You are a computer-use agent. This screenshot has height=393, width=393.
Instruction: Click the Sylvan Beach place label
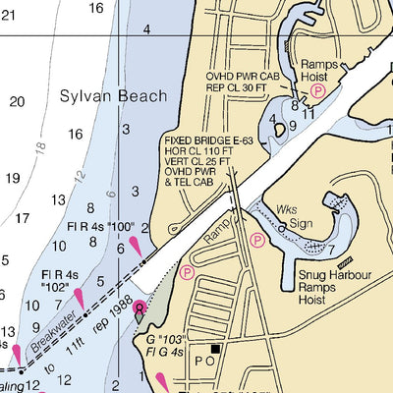pos(113,96)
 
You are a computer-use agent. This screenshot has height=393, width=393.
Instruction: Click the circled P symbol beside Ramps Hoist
pos(317,89)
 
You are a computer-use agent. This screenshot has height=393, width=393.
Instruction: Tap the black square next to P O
pos(216,348)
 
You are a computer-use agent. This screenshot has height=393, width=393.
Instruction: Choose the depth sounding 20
pos(18,101)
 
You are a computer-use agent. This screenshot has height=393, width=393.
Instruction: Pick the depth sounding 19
pos(13,178)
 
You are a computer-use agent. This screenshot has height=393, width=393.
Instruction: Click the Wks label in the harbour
pos(287,210)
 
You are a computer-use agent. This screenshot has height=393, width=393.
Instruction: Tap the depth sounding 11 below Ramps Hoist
pos(309,113)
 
